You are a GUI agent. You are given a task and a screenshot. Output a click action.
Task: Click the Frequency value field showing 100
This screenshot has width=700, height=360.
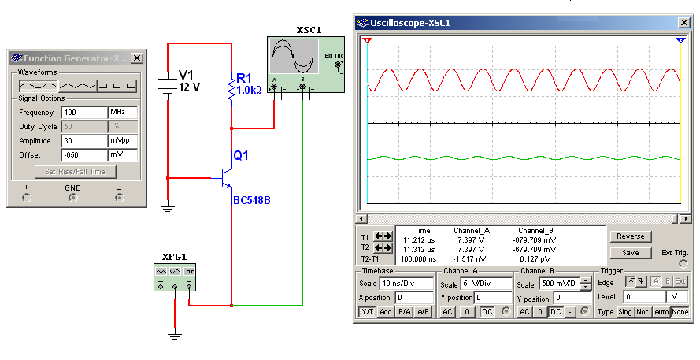click(84, 113)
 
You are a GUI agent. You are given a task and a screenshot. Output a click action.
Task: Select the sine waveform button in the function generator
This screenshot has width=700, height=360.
click(38, 86)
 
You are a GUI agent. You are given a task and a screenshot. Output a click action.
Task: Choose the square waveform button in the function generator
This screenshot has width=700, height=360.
click(117, 86)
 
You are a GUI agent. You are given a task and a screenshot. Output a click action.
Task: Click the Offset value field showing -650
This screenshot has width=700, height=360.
click(84, 155)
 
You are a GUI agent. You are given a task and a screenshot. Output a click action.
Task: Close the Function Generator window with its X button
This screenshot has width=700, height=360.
click(137, 58)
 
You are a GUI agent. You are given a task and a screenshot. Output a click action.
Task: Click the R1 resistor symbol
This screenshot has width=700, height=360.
click(231, 90)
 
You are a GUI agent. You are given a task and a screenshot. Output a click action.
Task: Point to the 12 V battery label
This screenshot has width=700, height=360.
click(189, 87)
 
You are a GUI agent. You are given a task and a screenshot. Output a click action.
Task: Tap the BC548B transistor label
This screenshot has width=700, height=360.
click(252, 200)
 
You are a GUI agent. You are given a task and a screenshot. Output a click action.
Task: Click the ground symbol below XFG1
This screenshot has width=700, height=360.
click(175, 335)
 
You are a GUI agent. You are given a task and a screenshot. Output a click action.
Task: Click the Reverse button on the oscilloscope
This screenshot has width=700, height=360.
click(631, 236)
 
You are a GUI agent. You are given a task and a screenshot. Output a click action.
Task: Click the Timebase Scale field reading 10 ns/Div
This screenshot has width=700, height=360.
click(406, 283)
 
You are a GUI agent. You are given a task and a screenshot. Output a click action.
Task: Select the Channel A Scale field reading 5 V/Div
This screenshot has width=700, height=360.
click(486, 283)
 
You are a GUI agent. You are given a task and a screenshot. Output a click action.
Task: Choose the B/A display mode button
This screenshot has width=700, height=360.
click(405, 312)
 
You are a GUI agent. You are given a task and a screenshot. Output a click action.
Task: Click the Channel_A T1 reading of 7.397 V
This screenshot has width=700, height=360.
click(471, 239)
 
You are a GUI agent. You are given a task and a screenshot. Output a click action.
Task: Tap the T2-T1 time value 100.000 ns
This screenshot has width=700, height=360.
click(418, 259)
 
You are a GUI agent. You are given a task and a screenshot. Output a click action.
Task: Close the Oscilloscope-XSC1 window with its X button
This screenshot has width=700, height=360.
click(684, 23)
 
